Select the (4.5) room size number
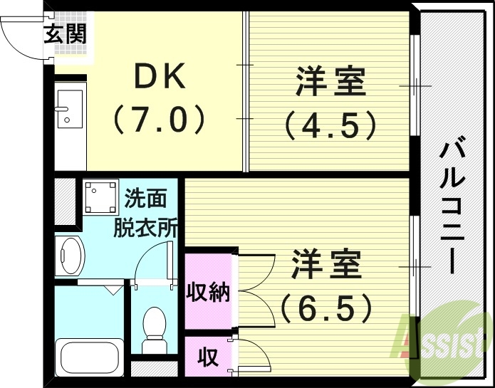330,125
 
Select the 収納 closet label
208,291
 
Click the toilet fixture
153,327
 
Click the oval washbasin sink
70,254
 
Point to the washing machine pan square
100,197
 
